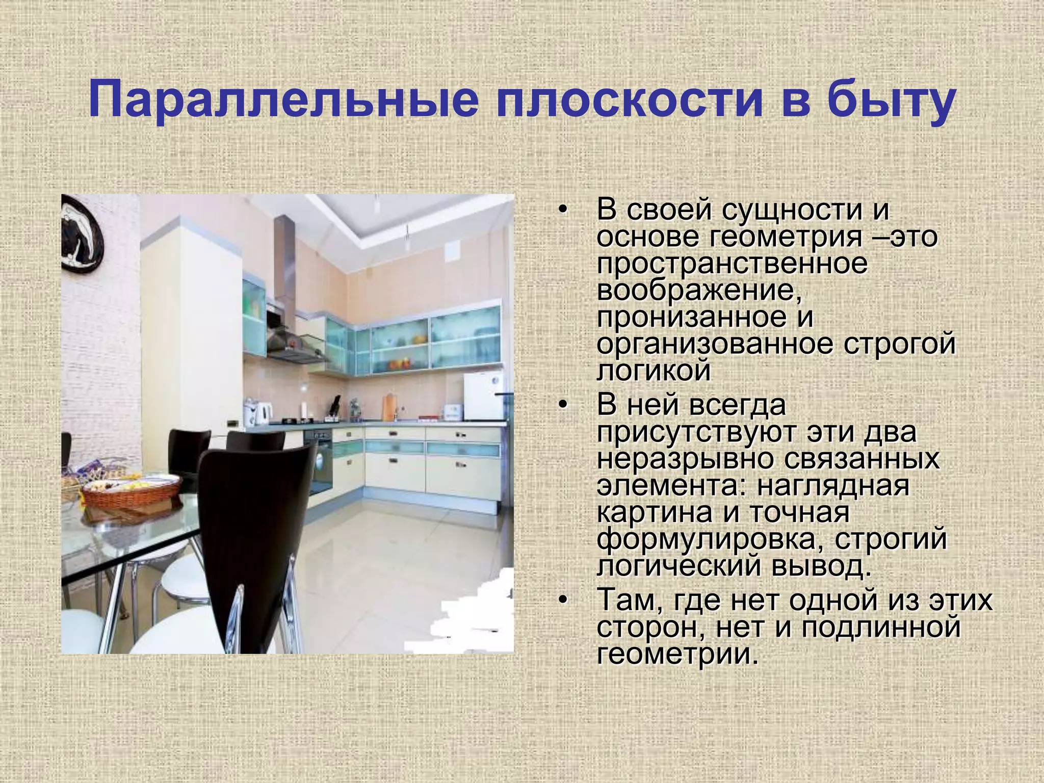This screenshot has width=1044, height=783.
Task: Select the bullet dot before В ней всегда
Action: [562, 405]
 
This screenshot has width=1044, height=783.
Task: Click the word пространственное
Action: [732, 264]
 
